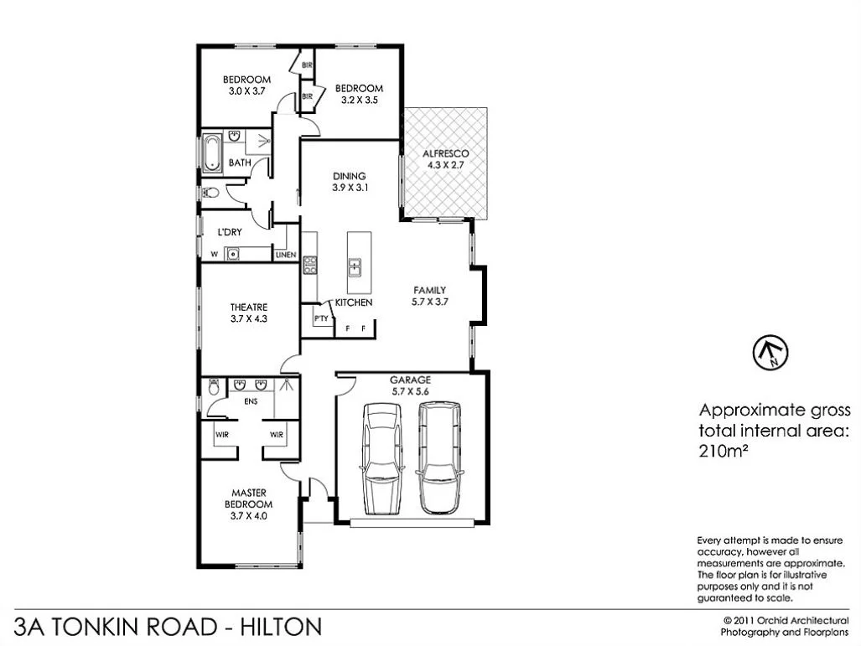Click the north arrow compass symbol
click(770, 352)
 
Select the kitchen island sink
click(355, 267)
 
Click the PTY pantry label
click(320, 318)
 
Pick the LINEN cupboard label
click(286, 255)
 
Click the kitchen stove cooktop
click(309, 265)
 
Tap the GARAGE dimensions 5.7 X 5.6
click(410, 390)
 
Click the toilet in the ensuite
click(213, 389)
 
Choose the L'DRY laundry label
click(231, 232)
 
